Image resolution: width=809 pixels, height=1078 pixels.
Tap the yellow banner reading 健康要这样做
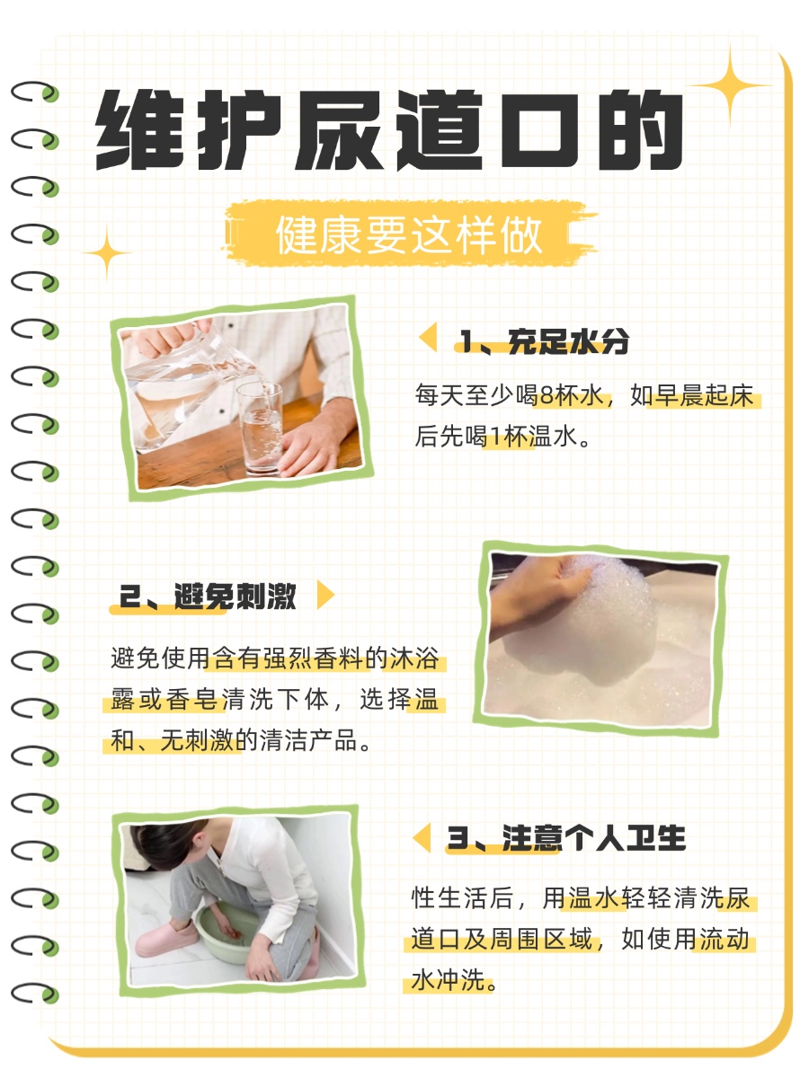coord(409,235)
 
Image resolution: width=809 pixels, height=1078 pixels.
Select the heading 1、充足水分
coord(544,341)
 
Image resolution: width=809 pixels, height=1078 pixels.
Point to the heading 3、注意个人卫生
coord(566,839)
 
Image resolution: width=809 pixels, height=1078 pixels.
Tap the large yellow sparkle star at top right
coord(730,85)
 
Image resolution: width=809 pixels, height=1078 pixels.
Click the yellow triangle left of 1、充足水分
coord(429,339)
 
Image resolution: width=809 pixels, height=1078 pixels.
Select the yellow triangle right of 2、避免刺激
coord(326,595)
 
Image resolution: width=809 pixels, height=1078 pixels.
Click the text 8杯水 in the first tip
coord(575,395)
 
